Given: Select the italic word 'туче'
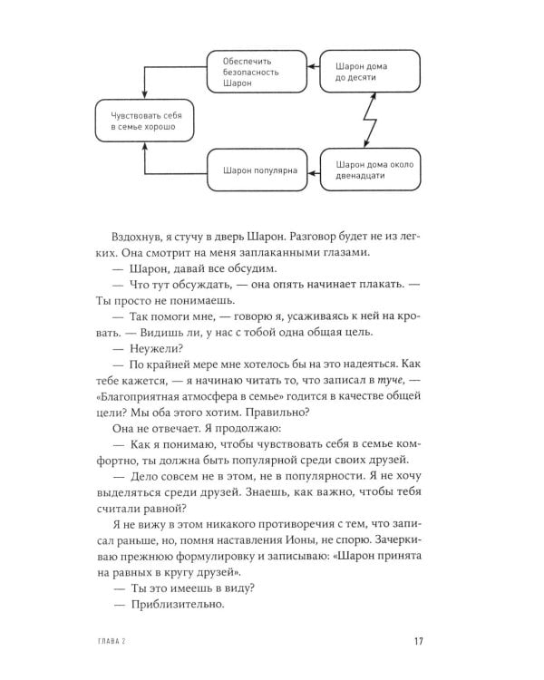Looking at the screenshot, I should tap(389, 384).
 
